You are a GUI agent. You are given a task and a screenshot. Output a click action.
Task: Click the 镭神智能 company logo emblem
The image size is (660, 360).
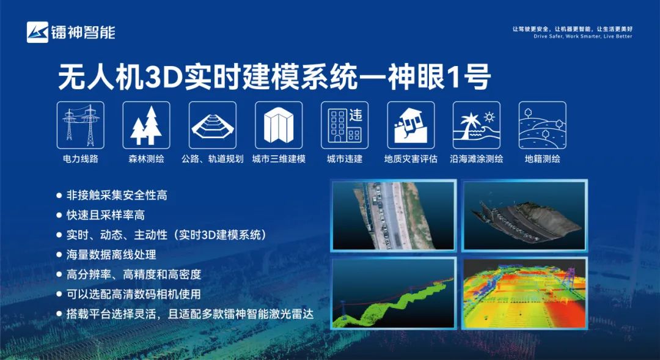point(37,32)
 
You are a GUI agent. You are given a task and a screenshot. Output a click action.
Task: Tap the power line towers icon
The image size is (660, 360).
point(81,125)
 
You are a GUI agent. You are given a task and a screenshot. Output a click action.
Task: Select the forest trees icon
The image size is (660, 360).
point(147,125)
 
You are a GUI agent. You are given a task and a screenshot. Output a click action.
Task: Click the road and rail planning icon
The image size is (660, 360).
point(213,125)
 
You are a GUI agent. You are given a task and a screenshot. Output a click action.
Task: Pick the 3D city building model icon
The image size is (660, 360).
point(279,125)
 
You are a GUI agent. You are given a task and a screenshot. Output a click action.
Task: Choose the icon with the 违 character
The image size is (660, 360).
point(345,125)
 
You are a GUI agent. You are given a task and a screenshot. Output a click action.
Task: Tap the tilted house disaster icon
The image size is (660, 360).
point(411,125)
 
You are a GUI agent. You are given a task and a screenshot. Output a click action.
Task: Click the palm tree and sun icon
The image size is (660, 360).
point(477,125)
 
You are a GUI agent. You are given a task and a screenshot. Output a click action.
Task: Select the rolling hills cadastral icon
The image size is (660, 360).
point(543,125)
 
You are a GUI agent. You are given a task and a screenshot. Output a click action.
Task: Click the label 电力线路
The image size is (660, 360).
point(81,159)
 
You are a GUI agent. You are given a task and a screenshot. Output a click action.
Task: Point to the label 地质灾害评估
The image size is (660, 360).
point(411,159)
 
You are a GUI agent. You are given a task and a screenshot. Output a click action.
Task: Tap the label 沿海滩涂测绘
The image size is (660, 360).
point(477,159)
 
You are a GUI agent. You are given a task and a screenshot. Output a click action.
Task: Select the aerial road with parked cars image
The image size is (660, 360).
point(394,216)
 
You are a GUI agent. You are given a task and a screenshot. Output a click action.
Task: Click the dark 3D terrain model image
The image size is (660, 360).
point(524,216)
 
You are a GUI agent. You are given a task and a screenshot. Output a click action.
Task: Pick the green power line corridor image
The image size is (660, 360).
point(394,293)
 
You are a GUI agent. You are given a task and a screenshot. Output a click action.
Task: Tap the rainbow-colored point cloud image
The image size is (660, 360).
point(524,293)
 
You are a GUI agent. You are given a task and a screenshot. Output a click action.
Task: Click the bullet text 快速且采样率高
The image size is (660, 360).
point(106,215)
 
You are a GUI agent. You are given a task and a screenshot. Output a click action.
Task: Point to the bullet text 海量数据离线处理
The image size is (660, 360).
point(111,254)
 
